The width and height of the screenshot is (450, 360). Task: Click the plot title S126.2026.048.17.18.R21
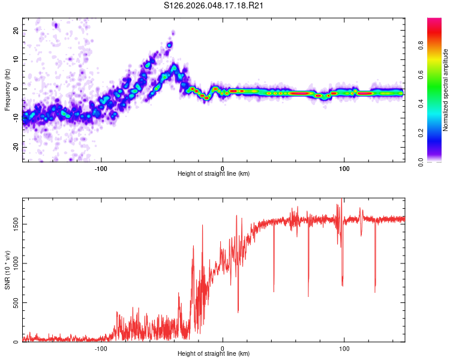(215, 6)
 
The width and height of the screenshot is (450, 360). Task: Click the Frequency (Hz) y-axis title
(7, 90)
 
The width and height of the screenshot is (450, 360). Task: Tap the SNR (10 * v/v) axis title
(7, 270)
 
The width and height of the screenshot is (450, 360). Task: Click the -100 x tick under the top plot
(101, 168)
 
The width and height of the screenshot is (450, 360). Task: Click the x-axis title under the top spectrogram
(214, 174)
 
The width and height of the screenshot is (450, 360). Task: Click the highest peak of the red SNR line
(341, 199)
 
